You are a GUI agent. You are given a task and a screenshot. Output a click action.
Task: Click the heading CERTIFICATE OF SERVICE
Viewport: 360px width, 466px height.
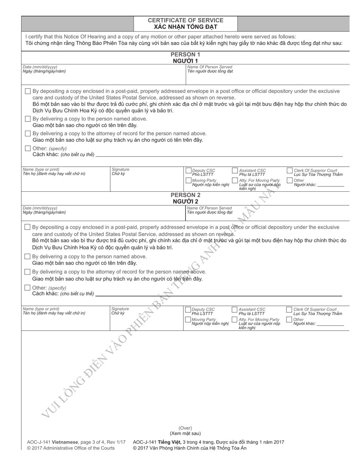185,20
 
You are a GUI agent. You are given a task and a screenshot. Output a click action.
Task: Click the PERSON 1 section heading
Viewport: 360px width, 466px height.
185,54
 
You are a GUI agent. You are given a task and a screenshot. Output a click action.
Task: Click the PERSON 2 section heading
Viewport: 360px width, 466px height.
185,195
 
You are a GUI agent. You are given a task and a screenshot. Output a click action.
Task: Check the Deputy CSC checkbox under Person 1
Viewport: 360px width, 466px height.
188,171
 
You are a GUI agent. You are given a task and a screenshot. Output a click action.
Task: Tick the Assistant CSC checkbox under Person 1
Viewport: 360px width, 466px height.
235,170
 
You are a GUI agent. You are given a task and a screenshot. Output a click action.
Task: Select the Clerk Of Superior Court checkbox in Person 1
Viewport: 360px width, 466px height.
290,170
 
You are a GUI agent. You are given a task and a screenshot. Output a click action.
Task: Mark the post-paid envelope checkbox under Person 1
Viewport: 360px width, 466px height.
28,91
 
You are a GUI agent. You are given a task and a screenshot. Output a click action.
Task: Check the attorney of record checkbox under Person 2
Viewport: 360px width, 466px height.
27,272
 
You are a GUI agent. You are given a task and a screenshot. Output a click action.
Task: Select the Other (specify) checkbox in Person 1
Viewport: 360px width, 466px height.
28,149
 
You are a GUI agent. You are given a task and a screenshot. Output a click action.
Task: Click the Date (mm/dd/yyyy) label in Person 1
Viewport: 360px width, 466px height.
40,67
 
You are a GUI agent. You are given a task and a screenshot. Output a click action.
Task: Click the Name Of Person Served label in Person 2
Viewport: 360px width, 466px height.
210,208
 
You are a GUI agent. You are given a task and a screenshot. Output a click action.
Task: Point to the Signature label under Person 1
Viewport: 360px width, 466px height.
121,169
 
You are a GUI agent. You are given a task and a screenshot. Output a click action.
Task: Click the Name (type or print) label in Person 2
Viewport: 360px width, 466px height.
41,309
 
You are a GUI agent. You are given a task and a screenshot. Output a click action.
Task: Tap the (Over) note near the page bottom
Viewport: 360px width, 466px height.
185,428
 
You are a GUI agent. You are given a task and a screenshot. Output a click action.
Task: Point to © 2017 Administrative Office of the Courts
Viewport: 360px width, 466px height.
71,448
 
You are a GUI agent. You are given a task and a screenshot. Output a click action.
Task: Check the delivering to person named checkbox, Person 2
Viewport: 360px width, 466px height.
27,256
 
